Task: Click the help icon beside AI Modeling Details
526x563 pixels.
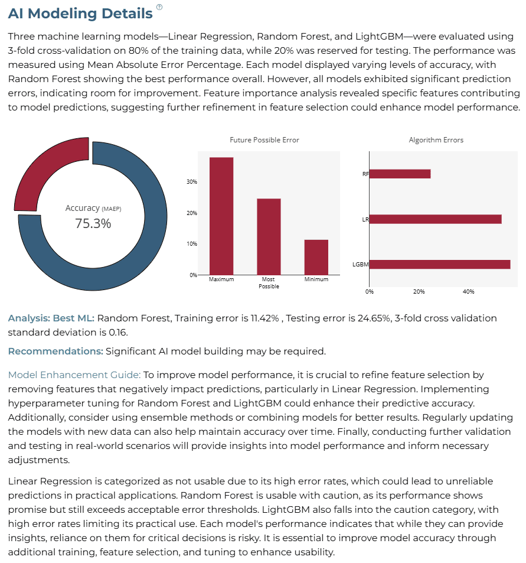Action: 159,7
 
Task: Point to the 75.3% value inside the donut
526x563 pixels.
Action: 93,223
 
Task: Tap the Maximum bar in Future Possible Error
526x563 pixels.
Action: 221,216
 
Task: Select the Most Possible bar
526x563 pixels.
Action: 269,237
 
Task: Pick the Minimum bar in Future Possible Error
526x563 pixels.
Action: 316,257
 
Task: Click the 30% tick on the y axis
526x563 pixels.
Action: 192,182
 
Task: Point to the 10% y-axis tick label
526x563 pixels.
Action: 192,244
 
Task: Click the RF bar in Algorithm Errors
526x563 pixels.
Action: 400,174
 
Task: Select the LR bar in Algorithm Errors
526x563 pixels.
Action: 435,219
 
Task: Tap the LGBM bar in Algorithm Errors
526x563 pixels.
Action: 440,264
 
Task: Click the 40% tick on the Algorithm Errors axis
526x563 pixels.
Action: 468,292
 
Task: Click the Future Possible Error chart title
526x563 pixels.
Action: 264,140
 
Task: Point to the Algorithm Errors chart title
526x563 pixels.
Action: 436,140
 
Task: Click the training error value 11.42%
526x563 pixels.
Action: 265,318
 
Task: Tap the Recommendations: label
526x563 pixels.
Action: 55,351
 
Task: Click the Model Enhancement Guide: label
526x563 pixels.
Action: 74,375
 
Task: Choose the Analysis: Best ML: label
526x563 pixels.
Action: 51,318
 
